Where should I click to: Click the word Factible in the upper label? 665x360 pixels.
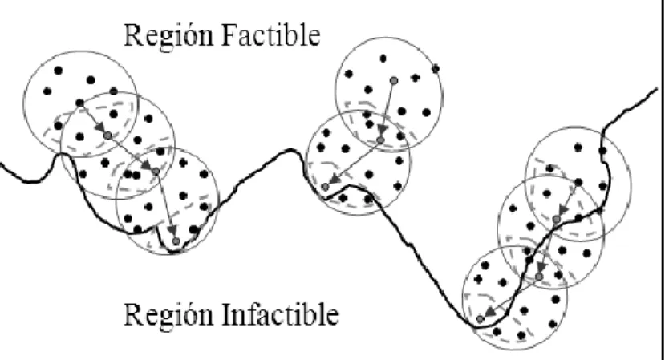270,34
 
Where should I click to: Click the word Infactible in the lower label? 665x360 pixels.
280,314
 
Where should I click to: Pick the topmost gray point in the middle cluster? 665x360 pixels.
394,80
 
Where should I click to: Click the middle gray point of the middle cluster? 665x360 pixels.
380,140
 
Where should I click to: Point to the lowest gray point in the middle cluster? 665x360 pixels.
326,187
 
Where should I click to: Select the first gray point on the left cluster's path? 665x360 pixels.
107,136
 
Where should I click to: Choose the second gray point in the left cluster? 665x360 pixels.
156,172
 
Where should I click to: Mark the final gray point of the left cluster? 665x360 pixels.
176,241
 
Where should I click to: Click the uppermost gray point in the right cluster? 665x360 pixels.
557,219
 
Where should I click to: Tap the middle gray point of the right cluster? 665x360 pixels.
538,277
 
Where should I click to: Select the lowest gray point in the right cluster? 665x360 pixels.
480,319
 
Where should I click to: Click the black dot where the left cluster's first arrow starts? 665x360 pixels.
79,103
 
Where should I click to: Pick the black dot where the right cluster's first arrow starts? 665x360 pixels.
578,182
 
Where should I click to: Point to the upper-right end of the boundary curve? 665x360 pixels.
656,89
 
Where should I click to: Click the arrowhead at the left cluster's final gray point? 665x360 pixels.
172,230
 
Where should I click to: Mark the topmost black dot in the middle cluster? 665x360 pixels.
383,58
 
